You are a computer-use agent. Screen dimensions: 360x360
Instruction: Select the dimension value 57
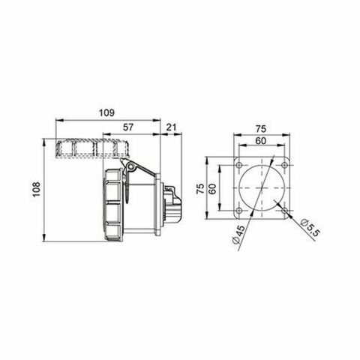coord(130,128)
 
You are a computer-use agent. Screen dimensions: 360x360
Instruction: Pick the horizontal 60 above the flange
coord(262,139)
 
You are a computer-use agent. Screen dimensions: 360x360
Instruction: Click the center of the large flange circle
coord(262,189)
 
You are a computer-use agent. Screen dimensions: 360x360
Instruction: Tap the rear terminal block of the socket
coord(171,207)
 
